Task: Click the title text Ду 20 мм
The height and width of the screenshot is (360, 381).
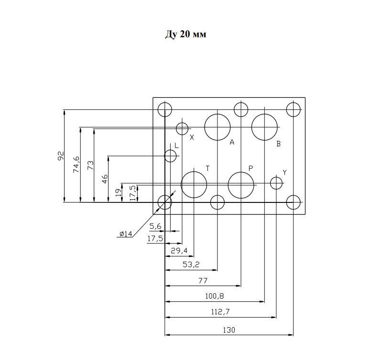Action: click(x=185, y=34)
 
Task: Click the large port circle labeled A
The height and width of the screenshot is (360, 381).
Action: click(x=205, y=127)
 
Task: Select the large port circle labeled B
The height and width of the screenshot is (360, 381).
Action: click(x=252, y=127)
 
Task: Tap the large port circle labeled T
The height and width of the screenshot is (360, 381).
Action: click(x=181, y=185)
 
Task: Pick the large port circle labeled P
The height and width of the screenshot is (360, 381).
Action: click(x=228, y=185)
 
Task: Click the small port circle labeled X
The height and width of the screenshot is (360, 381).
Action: click(x=176, y=128)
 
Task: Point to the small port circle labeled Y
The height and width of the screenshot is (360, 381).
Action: click(x=270, y=183)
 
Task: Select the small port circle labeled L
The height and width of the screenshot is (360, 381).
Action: click(x=164, y=156)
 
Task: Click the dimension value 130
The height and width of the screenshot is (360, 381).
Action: click(x=229, y=330)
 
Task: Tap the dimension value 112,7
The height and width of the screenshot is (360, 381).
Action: click(x=220, y=312)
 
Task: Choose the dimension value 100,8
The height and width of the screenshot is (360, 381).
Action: click(x=215, y=296)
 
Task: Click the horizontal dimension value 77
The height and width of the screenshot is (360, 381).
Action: click(x=203, y=281)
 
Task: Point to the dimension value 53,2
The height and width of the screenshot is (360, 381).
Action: click(x=191, y=265)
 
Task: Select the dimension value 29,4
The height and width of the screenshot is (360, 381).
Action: click(x=179, y=251)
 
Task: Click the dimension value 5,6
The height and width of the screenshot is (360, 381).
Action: click(x=155, y=226)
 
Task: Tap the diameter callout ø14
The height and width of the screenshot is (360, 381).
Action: click(x=126, y=234)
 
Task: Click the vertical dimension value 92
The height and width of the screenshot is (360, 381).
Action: click(x=61, y=156)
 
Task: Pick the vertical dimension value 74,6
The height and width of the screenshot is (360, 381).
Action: click(x=76, y=165)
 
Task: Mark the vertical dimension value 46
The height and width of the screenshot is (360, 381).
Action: click(x=105, y=179)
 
